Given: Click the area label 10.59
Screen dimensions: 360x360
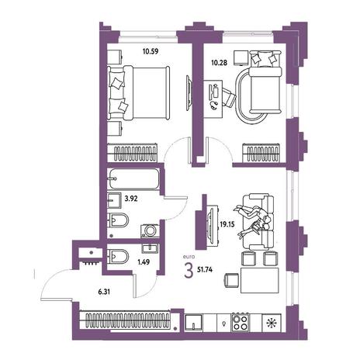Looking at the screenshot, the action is point(151,51).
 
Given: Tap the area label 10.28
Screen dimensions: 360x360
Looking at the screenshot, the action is point(219,63).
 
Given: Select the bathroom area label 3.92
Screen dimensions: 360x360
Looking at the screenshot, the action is point(131,199).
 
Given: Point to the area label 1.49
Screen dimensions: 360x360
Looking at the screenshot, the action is point(144,262).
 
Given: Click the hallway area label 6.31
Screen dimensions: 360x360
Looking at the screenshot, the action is point(104,292).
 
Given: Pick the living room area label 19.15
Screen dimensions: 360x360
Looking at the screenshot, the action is point(227,224).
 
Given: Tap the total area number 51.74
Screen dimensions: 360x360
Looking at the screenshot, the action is point(205,270).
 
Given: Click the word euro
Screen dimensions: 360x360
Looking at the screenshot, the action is point(189,257).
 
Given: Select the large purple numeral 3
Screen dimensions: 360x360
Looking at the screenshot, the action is point(189,271).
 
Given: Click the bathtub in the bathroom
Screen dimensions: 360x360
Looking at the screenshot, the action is point(134,179).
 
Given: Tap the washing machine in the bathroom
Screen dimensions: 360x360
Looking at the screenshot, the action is point(150,230).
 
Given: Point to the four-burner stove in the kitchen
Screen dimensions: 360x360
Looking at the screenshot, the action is point(241,322).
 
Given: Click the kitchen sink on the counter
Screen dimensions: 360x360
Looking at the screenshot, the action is point(193,322).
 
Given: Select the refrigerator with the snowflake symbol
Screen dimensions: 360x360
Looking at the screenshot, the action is point(272,323).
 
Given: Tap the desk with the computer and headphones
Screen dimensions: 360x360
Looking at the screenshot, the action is point(213,99).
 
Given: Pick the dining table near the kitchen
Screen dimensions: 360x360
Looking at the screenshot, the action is point(260,281).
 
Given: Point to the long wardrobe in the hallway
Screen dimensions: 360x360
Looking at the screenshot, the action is point(125,320).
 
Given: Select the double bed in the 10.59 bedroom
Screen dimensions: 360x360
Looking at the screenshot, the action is point(138,92).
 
